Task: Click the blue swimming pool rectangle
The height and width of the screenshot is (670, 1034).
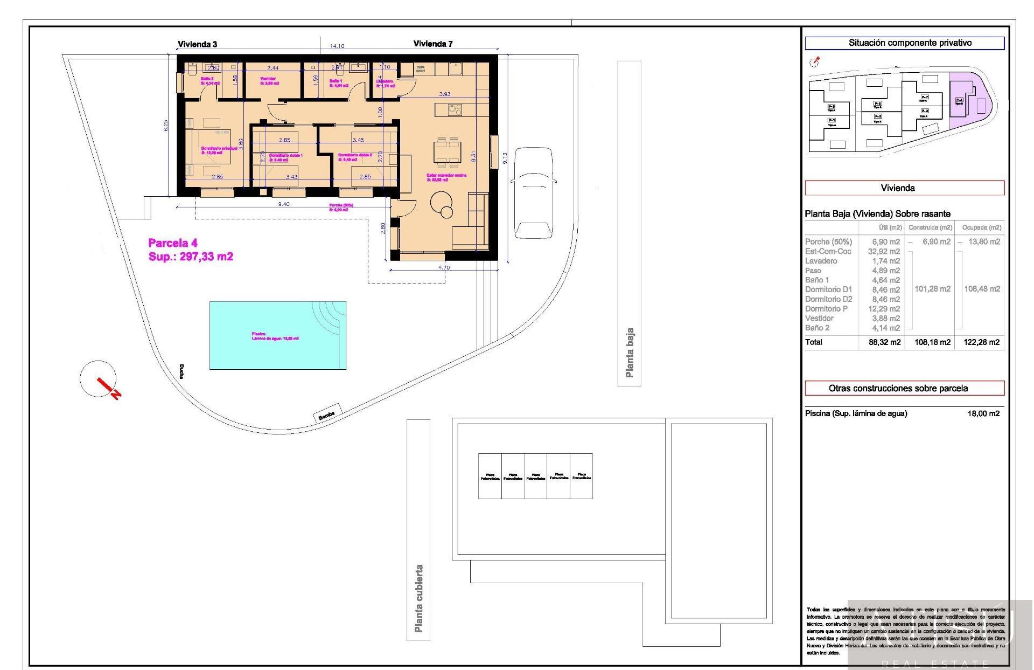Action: (x=277, y=335)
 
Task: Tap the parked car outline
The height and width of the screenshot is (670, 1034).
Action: (x=533, y=192)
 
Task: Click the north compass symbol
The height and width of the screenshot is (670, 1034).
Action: (x=99, y=379)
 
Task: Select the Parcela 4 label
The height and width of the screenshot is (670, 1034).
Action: (x=173, y=243)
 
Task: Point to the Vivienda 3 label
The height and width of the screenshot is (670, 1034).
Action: (x=198, y=44)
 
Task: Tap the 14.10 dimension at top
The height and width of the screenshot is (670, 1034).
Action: (x=337, y=46)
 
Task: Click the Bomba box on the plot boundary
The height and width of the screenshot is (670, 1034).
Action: (x=327, y=414)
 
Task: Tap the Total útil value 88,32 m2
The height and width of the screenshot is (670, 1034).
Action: (x=884, y=342)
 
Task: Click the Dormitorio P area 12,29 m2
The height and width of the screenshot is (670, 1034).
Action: (x=884, y=309)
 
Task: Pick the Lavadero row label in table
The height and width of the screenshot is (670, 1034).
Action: (x=821, y=261)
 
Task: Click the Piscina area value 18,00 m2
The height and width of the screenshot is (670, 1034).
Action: (x=983, y=414)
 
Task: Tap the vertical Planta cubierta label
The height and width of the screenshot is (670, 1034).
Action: (x=418, y=598)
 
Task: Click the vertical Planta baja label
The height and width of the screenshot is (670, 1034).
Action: (x=630, y=353)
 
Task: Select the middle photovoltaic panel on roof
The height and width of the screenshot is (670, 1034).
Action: (x=535, y=476)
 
